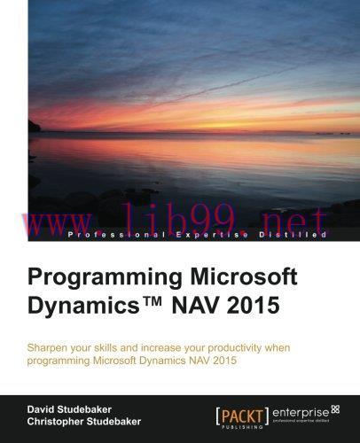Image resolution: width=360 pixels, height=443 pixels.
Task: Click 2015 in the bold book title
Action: point(258,307)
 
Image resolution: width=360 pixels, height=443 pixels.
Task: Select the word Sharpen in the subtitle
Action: point(52,345)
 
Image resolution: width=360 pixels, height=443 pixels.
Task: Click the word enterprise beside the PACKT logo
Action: point(302,409)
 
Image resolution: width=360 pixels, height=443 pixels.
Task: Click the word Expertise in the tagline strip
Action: point(203,234)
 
